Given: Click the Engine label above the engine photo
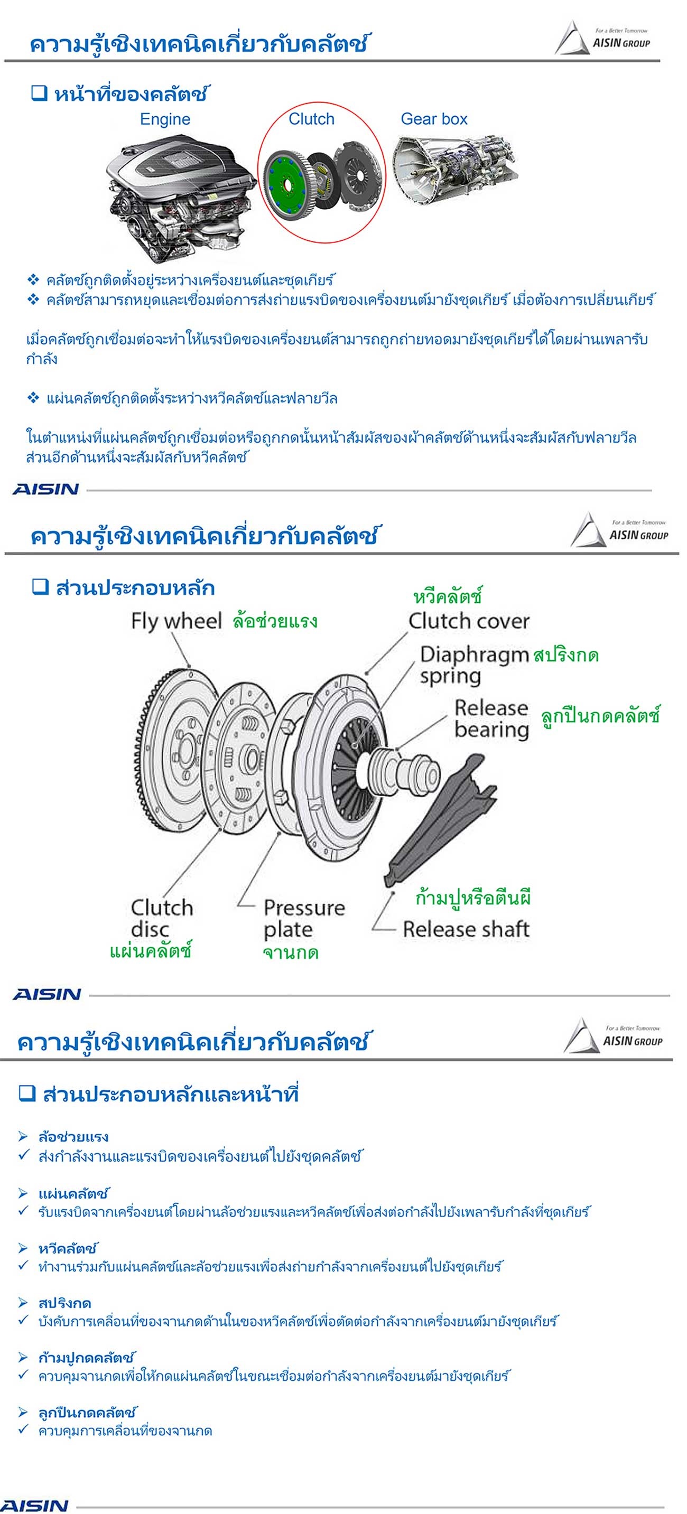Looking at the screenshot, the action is (x=165, y=119).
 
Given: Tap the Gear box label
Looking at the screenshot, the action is (x=434, y=119).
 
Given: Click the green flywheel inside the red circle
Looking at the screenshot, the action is (x=286, y=184).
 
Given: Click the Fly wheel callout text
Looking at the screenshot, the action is (x=176, y=621).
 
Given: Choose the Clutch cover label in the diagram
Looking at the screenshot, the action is (x=469, y=621).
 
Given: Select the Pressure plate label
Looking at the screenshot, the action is (x=303, y=919).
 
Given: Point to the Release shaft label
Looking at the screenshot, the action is (x=466, y=929).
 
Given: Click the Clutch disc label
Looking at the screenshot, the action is (x=162, y=918).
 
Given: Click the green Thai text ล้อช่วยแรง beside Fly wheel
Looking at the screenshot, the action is (x=275, y=621).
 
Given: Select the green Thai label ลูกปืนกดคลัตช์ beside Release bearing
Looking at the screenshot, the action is (x=600, y=715).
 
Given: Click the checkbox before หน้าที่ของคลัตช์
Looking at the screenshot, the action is (x=39, y=93).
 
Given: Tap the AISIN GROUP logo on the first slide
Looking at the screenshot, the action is (x=602, y=38).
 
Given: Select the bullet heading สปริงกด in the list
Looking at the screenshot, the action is (x=64, y=1303).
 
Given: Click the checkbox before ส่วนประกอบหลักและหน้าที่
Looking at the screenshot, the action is (x=27, y=1093).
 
